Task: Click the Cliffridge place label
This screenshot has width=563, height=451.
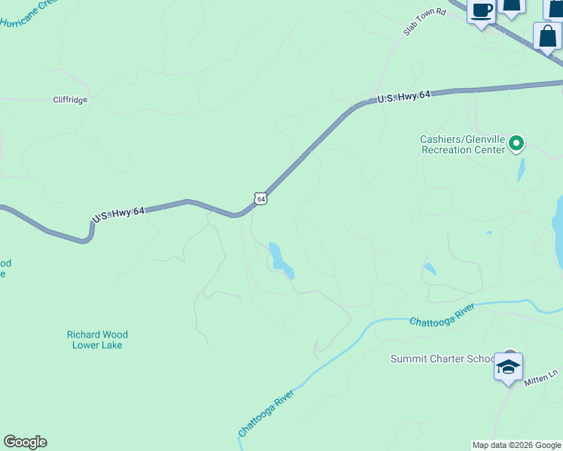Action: point(70,100)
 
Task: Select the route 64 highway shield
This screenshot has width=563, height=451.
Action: point(260,198)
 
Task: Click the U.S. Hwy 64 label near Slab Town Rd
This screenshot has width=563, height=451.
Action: point(403,97)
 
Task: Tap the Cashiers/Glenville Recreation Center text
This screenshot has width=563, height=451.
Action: point(462,144)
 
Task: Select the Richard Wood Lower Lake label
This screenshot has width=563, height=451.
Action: point(97,340)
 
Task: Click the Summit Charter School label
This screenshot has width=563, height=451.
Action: point(442,359)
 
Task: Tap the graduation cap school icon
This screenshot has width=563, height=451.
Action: point(508,367)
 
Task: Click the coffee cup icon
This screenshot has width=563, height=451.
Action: point(481,11)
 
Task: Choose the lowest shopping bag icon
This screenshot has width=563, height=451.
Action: point(547,35)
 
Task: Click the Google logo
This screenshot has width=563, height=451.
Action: point(25,442)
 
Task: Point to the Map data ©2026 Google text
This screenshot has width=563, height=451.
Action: point(516,445)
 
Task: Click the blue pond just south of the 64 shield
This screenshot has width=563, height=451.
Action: point(280,259)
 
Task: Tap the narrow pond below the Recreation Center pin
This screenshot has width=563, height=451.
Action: point(521,170)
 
